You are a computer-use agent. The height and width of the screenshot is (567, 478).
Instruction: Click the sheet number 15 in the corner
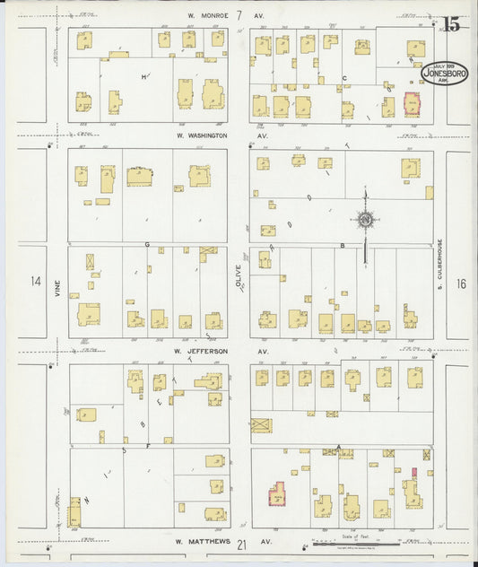[450, 24]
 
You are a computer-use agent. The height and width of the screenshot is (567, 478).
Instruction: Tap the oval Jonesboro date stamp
[439, 72]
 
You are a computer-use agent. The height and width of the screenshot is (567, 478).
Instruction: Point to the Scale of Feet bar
[354, 543]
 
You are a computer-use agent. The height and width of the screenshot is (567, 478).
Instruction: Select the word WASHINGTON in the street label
[207, 135]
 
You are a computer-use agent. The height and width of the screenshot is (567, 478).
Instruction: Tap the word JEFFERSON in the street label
[208, 351]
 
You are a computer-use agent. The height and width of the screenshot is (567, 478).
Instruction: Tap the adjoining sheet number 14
[35, 282]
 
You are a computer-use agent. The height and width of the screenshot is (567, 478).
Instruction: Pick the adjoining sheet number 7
[239, 15]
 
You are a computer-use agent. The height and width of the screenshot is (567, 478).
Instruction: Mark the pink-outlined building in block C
[413, 105]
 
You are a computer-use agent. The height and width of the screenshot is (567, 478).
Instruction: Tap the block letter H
[143, 77]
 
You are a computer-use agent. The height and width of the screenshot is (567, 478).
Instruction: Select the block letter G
[145, 243]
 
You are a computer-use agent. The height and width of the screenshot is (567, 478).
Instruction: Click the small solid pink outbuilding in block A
[414, 471]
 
